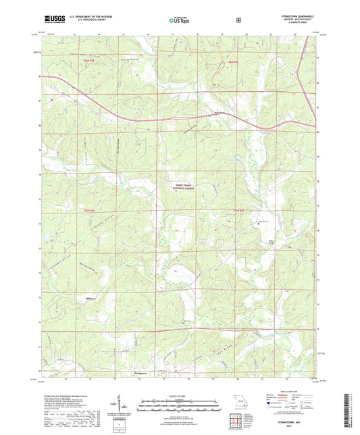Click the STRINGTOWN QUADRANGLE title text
click(x=298, y=11)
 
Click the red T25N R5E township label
click(x=233, y=62)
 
